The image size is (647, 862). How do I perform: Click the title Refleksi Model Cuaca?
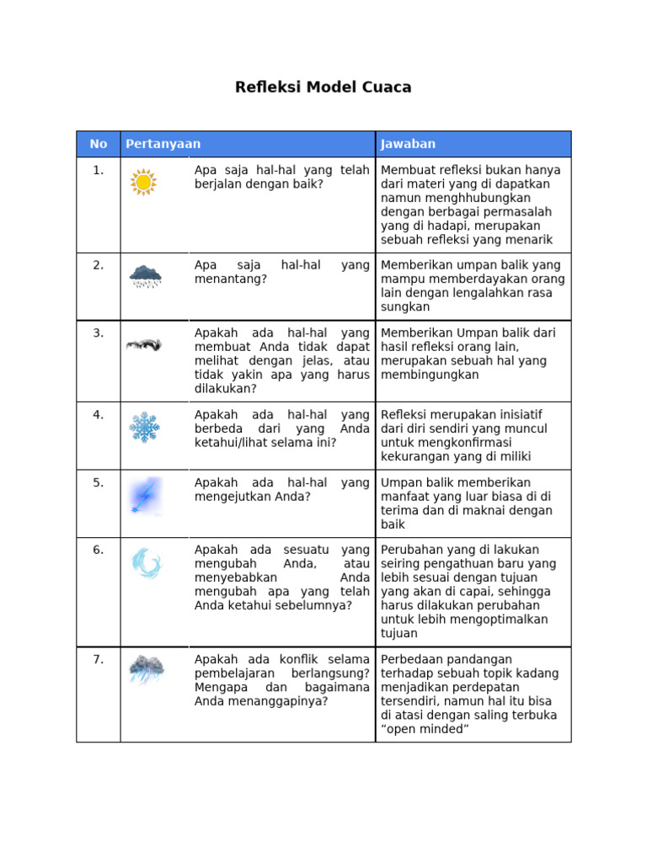323,88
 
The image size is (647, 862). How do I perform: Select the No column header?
99,144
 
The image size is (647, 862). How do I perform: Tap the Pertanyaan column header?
163,144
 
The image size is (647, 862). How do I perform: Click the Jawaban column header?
408,144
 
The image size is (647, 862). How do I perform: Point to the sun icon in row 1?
144,182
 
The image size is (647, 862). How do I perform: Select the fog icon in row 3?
144,344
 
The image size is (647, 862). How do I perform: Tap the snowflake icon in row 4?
144,427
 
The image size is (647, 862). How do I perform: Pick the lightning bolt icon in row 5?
144,495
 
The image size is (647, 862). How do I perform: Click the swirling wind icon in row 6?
145,563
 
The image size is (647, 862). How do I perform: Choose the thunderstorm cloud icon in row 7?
146,669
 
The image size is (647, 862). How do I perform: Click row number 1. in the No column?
99,170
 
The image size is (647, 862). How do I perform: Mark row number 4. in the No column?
99,414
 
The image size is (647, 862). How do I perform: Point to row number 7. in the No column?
99,659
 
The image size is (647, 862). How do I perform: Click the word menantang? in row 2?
230,279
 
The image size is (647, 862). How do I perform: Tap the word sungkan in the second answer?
405,307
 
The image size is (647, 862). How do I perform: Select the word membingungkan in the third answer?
430,375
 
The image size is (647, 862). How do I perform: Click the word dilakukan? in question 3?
226,389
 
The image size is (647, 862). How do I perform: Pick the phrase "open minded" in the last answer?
425,729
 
